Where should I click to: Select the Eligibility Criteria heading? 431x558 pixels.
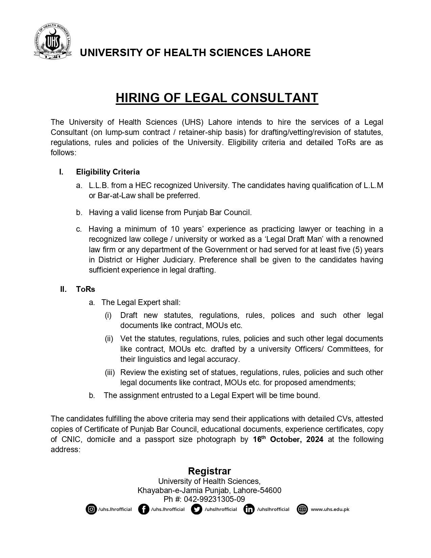108,172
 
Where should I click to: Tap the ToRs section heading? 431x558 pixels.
86,289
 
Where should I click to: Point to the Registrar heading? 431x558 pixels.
209,471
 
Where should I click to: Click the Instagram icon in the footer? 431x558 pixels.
91,509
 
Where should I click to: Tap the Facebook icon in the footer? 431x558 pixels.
144,509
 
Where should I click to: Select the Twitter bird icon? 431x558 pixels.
196,509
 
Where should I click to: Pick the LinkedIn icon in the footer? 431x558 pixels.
249,509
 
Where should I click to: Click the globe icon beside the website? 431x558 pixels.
302,509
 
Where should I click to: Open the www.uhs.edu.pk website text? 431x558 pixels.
330,509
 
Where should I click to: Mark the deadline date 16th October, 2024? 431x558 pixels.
288,440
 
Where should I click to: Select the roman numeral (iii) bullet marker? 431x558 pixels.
110,373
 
